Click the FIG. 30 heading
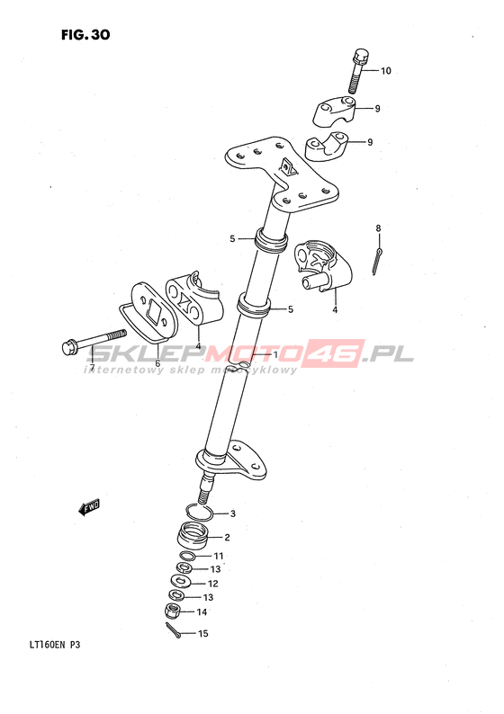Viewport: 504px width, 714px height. click(85, 34)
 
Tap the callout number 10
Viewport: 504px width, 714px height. click(386, 71)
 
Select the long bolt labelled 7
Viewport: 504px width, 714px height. click(94, 342)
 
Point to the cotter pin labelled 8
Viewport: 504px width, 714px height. click(377, 263)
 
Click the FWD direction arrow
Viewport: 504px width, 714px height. click(89, 507)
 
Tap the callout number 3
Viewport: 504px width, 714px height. click(233, 514)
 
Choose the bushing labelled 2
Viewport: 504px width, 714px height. click(193, 534)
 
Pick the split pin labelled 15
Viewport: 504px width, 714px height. click(173, 629)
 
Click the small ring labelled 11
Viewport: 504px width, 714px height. click(188, 555)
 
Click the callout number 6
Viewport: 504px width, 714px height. click(157, 363)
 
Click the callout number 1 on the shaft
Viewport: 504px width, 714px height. click(275, 354)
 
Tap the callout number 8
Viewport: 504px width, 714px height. click(378, 228)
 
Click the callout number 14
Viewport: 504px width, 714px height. click(202, 612)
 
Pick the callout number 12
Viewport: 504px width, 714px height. click(212, 584)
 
